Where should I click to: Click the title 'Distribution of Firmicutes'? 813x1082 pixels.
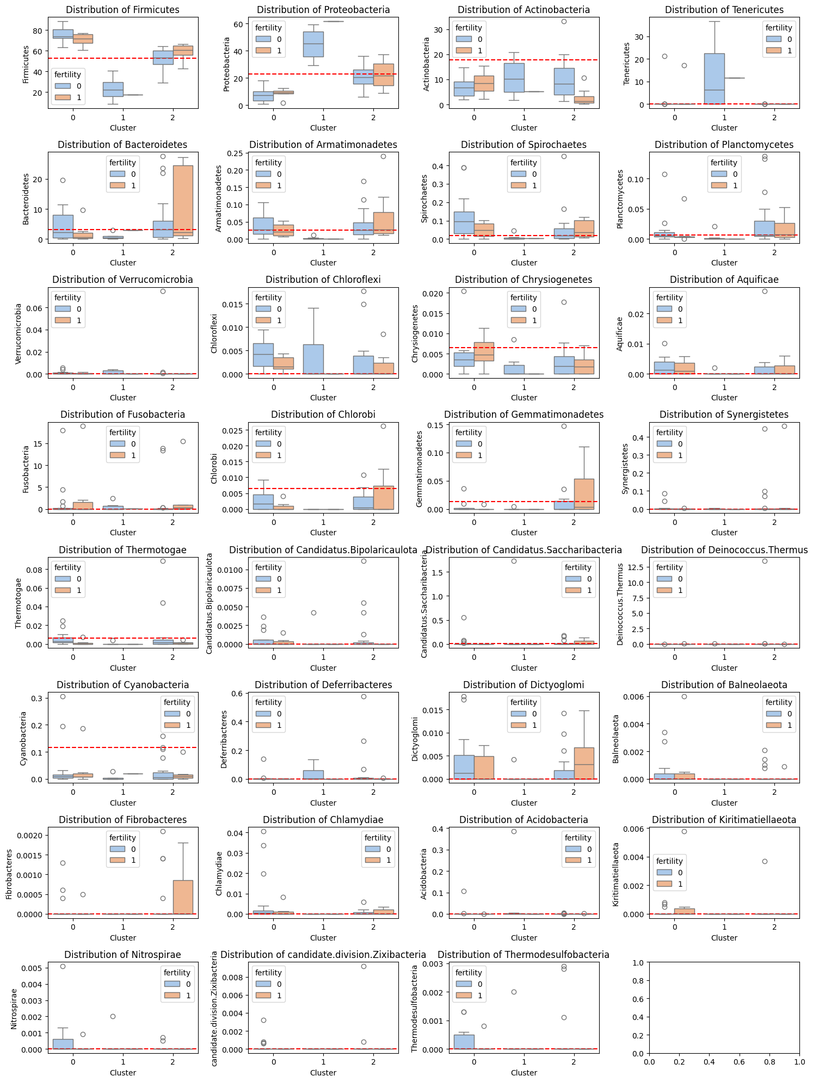click(x=122, y=10)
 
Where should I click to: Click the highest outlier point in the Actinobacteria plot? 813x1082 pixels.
click(x=564, y=22)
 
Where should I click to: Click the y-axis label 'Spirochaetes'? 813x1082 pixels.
click(x=424, y=199)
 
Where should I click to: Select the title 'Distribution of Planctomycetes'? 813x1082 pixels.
click(x=724, y=145)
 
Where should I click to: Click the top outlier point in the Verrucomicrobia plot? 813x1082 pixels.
click(x=163, y=291)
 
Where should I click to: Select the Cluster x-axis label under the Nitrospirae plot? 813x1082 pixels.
click(x=123, y=1073)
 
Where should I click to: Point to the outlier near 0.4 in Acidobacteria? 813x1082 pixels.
click(x=514, y=831)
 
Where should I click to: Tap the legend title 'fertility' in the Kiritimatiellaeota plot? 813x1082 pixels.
click(x=669, y=861)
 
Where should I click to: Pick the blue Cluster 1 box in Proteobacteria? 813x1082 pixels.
click(x=313, y=44)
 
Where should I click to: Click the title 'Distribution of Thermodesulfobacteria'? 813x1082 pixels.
click(x=523, y=955)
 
